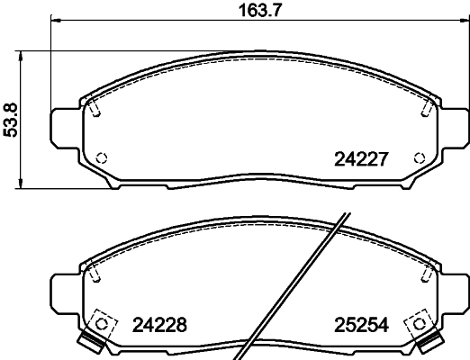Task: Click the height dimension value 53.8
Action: (12, 119)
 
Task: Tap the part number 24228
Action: (159, 325)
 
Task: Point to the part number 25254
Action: (361, 325)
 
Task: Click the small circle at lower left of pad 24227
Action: (102, 156)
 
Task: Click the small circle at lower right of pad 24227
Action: (416, 156)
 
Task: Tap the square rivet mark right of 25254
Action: (416, 323)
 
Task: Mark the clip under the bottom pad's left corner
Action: (88, 343)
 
